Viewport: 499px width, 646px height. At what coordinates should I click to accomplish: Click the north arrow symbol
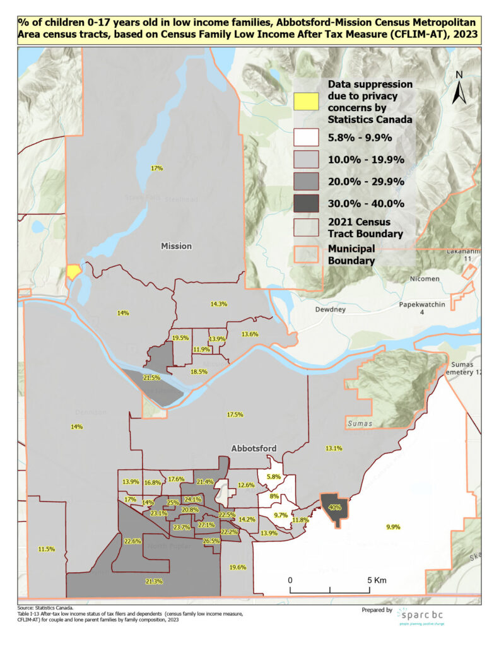459,88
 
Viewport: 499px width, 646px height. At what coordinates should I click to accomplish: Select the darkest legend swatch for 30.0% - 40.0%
307,203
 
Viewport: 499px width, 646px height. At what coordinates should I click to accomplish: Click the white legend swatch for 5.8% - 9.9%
307,137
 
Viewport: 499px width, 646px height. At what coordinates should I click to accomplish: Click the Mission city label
176,246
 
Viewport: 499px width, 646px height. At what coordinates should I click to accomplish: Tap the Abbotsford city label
254,449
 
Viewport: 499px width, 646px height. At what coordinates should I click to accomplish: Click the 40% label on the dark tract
335,507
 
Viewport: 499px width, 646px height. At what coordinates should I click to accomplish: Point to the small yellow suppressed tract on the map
74,271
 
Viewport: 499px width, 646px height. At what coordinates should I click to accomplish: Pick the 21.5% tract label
151,377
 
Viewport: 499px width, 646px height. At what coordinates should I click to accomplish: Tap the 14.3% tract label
218,304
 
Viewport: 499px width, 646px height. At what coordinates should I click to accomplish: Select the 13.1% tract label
334,448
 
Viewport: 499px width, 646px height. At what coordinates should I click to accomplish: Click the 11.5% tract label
47,549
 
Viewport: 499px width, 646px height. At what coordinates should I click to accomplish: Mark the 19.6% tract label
237,567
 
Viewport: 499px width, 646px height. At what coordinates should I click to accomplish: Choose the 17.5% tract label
234,414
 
